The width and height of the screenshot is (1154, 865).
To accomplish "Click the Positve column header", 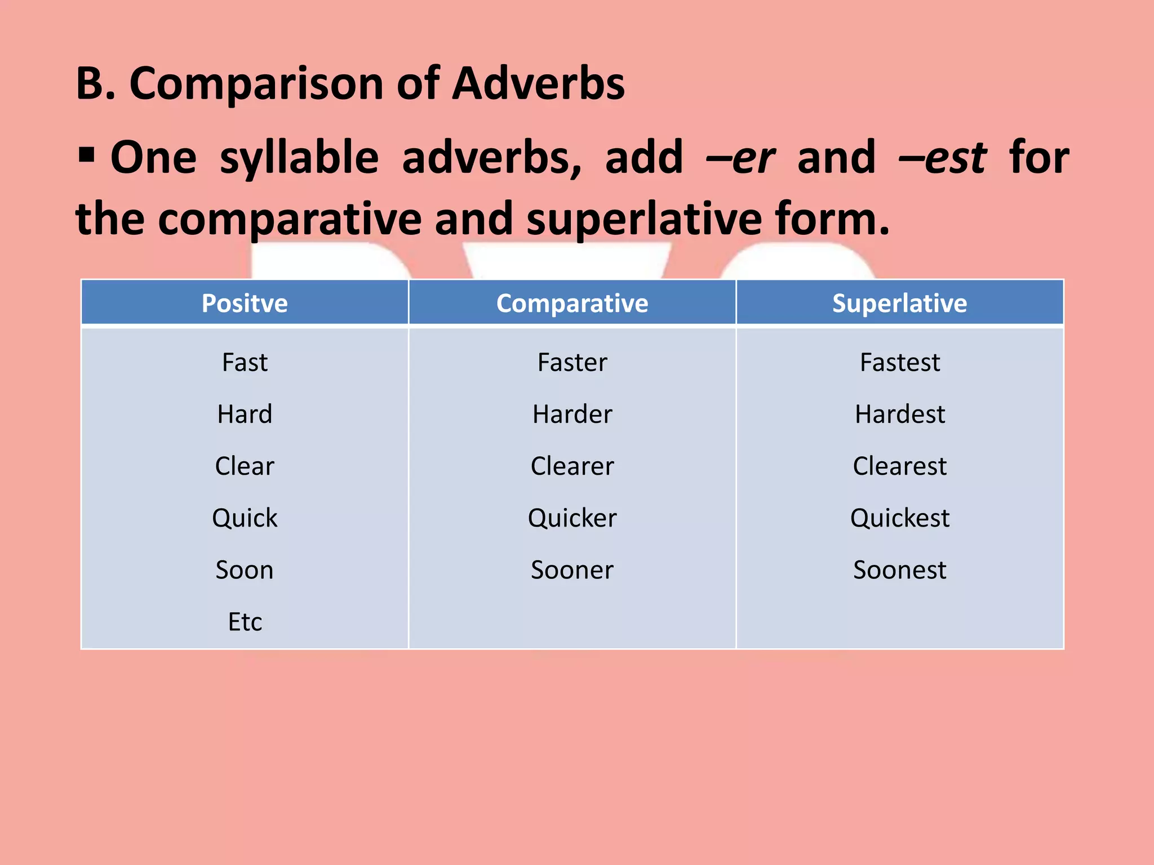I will (x=245, y=304).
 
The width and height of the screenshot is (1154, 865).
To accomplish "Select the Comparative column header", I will (x=572, y=304).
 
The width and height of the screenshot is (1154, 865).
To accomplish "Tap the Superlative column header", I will (x=899, y=304).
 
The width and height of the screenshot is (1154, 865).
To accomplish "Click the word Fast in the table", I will (x=245, y=362).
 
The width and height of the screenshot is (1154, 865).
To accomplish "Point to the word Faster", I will (x=572, y=362).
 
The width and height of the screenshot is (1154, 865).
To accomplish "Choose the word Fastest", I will (x=899, y=362).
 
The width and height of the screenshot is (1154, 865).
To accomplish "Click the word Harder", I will (x=572, y=414).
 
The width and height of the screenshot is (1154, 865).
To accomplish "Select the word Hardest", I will (x=899, y=414).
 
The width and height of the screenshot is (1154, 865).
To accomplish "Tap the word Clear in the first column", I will (x=245, y=466).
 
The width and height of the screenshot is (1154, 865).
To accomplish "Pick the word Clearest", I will (x=899, y=466).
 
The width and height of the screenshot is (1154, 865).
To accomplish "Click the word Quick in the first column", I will (x=245, y=518).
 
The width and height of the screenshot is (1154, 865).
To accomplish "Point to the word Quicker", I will (x=572, y=518).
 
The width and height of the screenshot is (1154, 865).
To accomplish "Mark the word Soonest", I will (x=899, y=570).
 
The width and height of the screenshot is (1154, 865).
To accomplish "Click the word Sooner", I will (x=572, y=570).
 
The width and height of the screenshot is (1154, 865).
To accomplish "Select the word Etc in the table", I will (x=245, y=622).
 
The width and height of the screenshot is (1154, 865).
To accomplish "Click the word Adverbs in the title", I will (x=538, y=83).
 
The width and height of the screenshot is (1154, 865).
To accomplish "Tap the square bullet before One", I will (x=86, y=154).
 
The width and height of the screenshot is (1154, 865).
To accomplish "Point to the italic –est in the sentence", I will (x=942, y=158).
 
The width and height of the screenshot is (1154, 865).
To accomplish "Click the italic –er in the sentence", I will (x=740, y=158).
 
